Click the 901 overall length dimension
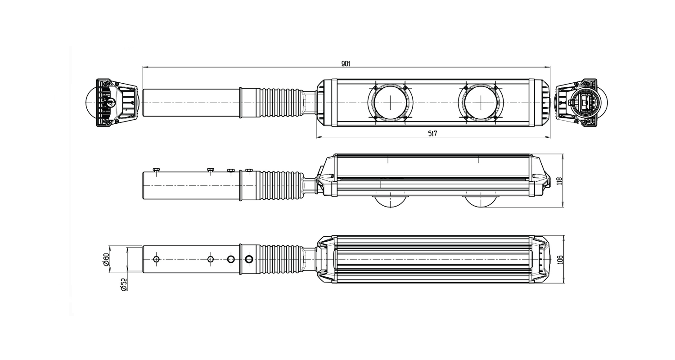tap(346, 63)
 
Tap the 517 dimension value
tap(432, 134)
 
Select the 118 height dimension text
tap(560, 181)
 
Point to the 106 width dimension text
tap(560, 260)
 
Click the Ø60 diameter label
tap(105, 260)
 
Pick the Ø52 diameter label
tap(124, 284)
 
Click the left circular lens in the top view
tap(390, 103)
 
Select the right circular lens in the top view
tap(481, 103)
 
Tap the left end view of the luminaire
tap(111, 103)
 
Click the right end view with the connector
tap(580, 103)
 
